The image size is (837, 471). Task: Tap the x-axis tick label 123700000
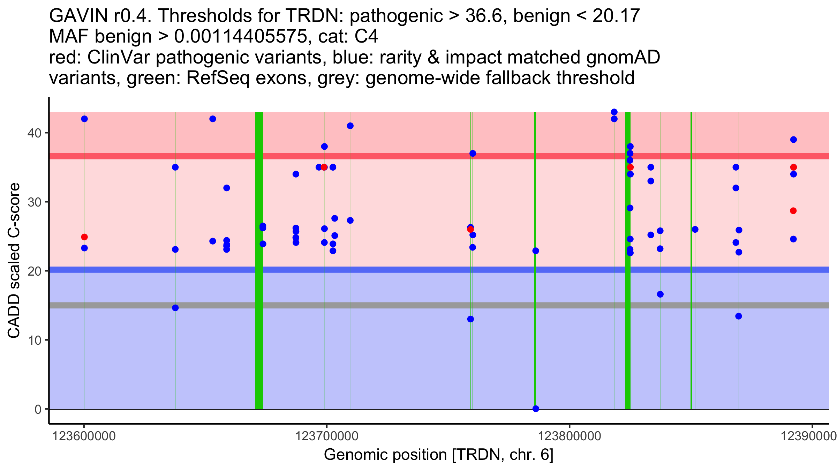click(x=327, y=436)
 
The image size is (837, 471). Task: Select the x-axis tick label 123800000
click(x=570, y=436)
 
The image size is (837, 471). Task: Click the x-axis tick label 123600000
click(x=84, y=436)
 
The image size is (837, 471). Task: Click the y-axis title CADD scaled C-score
click(x=14, y=261)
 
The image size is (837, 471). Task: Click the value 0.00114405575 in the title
click(x=241, y=36)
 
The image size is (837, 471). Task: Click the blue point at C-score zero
click(x=536, y=409)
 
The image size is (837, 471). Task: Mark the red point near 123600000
click(x=84, y=237)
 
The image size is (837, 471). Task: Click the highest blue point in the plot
click(x=614, y=112)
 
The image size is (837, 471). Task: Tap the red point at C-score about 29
click(x=793, y=211)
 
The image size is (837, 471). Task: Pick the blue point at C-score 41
click(x=350, y=126)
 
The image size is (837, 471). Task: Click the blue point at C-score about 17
click(x=660, y=294)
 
